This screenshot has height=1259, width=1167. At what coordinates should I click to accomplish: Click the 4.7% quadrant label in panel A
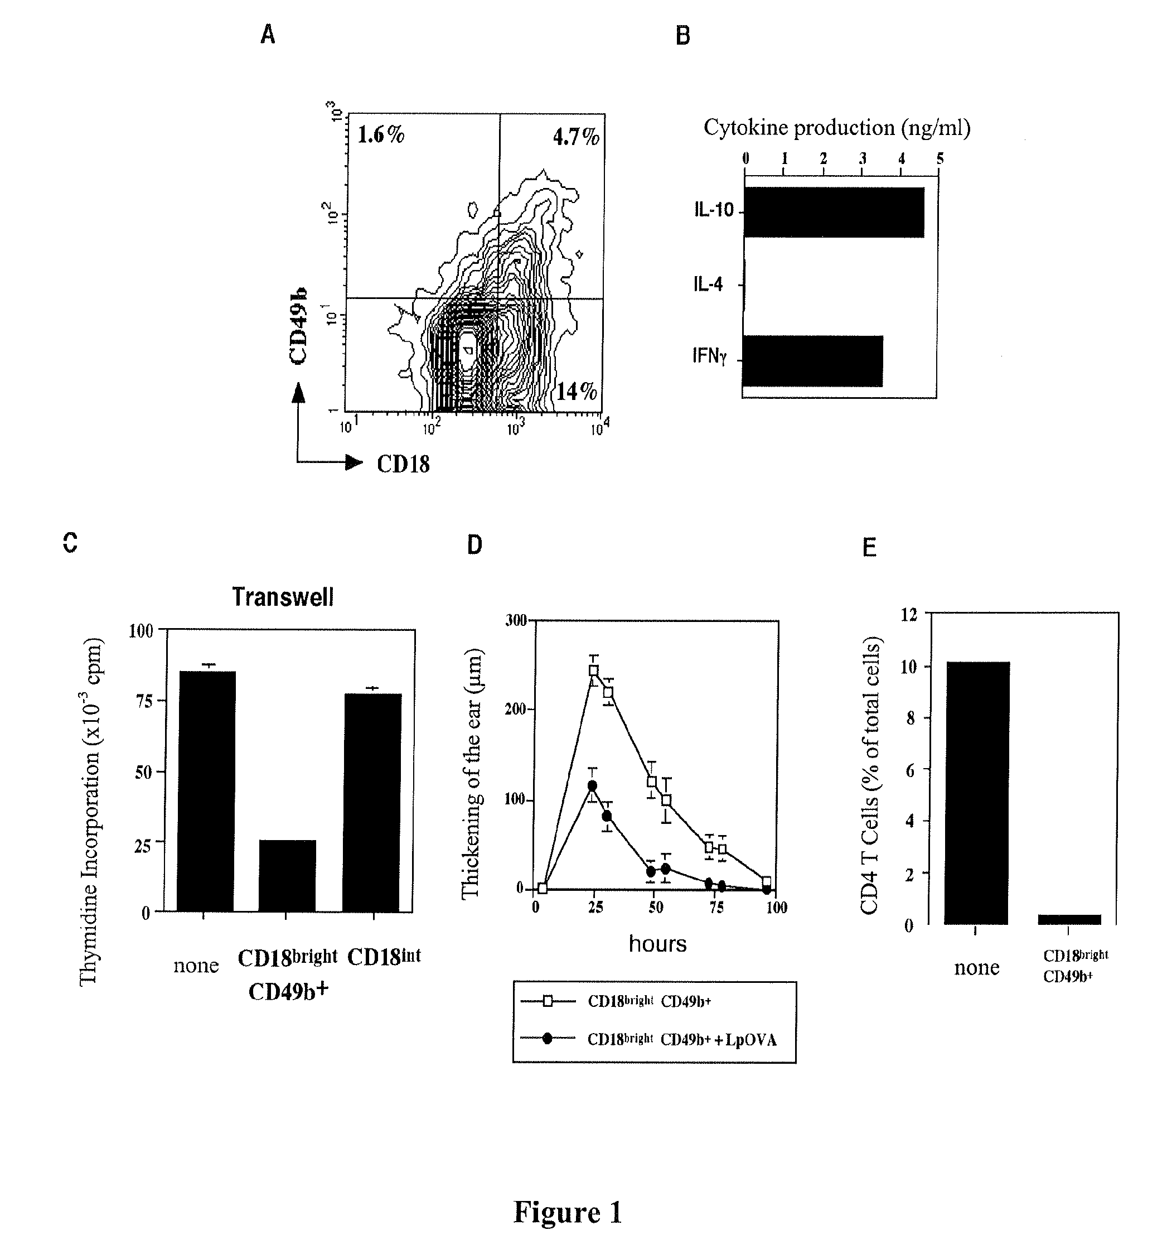tap(575, 137)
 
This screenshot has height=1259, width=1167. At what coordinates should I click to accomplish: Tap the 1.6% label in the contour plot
tap(381, 134)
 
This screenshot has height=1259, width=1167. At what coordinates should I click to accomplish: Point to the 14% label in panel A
tap(576, 392)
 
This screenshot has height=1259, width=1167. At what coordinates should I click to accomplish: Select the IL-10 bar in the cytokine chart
tap(834, 213)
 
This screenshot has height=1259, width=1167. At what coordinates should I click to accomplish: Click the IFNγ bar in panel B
tap(813, 361)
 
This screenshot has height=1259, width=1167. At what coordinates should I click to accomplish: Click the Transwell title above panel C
tap(282, 597)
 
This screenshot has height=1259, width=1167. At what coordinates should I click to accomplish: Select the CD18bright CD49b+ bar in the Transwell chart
tap(287, 876)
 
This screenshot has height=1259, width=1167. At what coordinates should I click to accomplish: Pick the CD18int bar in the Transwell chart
tap(371, 802)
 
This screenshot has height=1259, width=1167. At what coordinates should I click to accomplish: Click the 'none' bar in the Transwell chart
tap(206, 791)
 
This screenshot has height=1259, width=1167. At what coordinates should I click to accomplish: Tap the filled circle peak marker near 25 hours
tap(592, 786)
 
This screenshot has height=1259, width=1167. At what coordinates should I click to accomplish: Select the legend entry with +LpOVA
tap(681, 1040)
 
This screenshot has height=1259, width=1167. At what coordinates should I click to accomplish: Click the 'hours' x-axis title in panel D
tap(657, 944)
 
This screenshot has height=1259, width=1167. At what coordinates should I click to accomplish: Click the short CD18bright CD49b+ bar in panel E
tap(1069, 920)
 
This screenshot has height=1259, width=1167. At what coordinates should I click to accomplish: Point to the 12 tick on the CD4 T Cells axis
tap(909, 614)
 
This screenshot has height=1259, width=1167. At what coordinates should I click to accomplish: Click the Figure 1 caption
tap(568, 1212)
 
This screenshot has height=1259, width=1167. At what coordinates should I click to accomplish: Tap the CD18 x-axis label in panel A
tap(403, 464)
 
